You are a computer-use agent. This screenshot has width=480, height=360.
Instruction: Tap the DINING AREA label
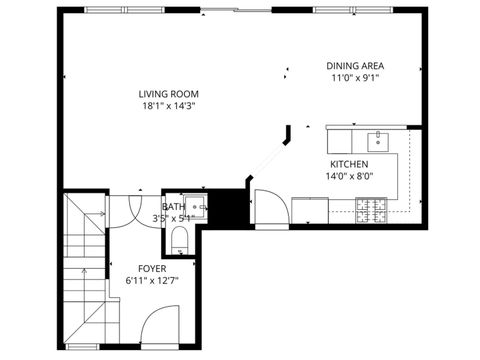[x=352, y=66]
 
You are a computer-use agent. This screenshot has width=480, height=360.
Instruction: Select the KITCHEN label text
[x=350, y=164]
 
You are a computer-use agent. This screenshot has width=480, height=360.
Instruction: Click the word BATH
[x=173, y=207]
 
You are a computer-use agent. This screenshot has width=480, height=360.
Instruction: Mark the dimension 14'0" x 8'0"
[x=350, y=176]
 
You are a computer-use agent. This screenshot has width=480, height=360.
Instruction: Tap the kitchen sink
[x=377, y=139]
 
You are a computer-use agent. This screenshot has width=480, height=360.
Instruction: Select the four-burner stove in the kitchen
[x=372, y=210]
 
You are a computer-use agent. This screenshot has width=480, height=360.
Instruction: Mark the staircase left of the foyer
[x=85, y=270]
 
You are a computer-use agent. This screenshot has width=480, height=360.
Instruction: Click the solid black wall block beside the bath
[x=232, y=207]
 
